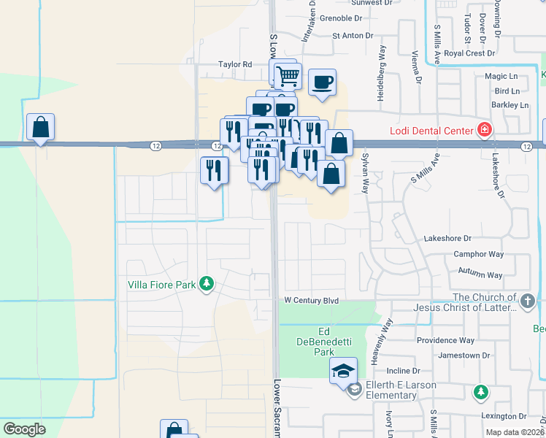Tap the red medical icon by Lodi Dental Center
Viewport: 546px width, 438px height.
482,131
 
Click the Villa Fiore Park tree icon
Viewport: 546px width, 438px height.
207,284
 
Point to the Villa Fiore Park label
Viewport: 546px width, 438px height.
161,285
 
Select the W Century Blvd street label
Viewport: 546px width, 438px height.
312,301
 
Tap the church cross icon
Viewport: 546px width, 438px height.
527,300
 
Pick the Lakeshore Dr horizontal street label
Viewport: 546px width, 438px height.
447,239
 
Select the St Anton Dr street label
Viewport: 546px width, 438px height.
353,35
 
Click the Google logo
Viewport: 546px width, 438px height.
24,429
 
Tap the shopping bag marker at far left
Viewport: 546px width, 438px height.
40,127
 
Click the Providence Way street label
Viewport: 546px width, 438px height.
446,341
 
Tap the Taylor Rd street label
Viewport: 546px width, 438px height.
235,65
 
